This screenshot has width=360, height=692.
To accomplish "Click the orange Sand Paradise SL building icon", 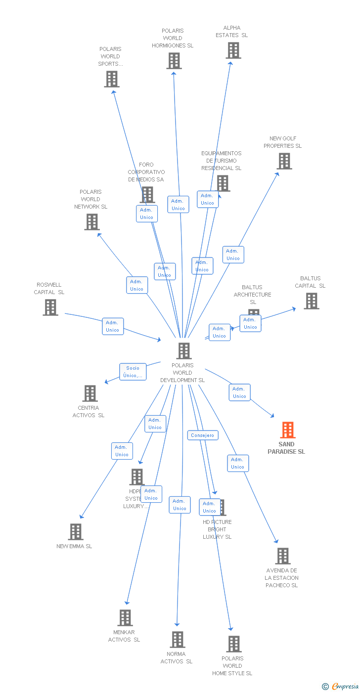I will (x=287, y=430).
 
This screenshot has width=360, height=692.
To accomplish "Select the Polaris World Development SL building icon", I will (x=184, y=351).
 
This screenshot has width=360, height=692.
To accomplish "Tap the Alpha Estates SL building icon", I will (x=233, y=50).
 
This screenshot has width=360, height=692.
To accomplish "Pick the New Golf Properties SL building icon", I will (x=284, y=161).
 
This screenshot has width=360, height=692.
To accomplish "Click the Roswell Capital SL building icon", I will (x=50, y=307).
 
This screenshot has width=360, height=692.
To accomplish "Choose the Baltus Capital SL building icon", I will (x=311, y=301).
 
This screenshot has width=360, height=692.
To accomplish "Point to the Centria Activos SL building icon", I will (x=90, y=393).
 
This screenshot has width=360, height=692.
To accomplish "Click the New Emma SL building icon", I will (x=75, y=532).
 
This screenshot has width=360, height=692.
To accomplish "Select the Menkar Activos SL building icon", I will (x=125, y=618).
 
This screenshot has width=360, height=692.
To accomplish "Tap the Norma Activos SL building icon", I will (x=178, y=640).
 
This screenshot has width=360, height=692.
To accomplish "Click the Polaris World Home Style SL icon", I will (x=234, y=644).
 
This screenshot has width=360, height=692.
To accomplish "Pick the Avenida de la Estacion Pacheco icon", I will (x=282, y=556).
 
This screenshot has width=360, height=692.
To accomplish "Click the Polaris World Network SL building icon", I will (x=91, y=222).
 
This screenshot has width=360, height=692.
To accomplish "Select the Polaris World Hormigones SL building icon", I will (x=174, y=61).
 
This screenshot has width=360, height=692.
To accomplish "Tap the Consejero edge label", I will (x=203, y=435).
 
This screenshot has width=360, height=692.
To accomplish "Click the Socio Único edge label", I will (x=133, y=372).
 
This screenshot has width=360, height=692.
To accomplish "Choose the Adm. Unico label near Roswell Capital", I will (x=113, y=326).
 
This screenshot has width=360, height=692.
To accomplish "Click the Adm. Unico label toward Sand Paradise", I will (x=239, y=392).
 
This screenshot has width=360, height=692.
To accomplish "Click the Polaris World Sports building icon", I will (x=112, y=79).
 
